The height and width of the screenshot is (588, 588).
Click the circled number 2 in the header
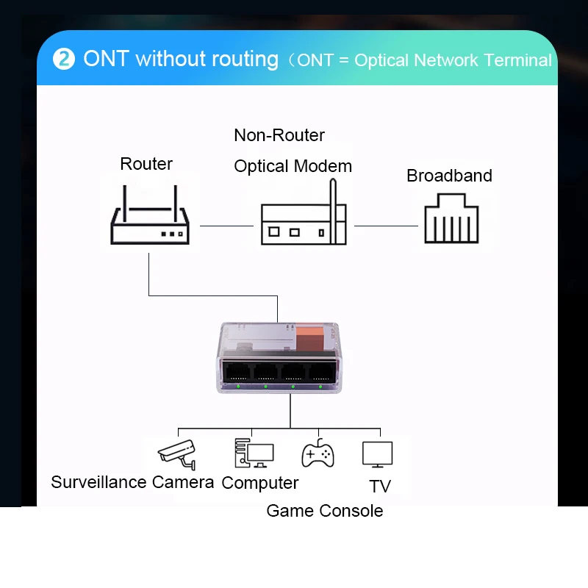click(64, 60)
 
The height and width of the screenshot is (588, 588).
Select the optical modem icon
click(303, 220)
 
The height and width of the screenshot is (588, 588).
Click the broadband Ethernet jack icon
click(451, 218)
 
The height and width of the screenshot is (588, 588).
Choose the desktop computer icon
click(254, 453)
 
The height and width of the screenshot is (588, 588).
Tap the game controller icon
click(318, 454)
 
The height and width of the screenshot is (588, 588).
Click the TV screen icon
click(378, 454)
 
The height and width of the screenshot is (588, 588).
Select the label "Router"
click(146, 164)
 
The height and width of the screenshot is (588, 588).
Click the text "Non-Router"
click(279, 135)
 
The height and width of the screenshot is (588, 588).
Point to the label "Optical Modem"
click(293, 166)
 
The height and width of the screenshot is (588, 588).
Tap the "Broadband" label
click(449, 176)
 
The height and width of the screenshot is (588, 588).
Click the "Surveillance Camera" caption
click(132, 482)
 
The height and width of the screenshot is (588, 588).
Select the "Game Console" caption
click(324, 511)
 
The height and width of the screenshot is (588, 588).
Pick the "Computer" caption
click(260, 483)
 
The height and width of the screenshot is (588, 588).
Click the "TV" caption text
click(380, 487)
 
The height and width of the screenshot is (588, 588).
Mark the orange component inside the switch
click(312, 339)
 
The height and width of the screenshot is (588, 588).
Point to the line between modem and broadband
click(385, 226)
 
